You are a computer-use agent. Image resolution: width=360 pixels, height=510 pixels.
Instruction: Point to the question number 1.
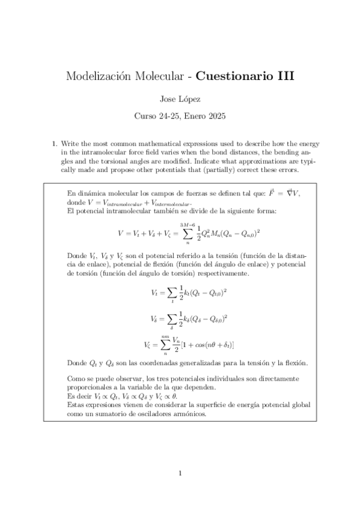[54, 144]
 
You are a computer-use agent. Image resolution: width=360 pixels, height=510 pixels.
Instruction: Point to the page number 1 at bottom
[180, 474]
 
